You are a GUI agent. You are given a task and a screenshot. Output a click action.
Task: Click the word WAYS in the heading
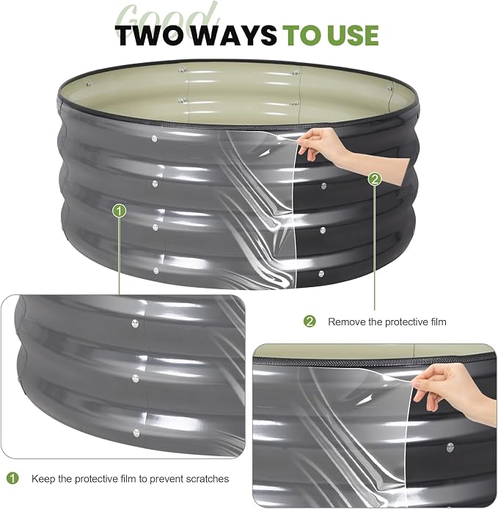click(x=235, y=35)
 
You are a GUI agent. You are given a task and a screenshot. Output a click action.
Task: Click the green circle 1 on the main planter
click(x=120, y=211)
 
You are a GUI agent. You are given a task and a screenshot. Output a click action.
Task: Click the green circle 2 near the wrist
click(x=375, y=179)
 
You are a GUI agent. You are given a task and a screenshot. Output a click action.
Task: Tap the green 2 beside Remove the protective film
click(x=310, y=322)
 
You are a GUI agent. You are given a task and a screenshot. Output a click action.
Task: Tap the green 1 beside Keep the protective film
click(x=12, y=478)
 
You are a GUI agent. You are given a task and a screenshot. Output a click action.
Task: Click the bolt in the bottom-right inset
click(x=450, y=447)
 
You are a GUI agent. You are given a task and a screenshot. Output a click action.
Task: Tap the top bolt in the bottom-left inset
click(x=135, y=323)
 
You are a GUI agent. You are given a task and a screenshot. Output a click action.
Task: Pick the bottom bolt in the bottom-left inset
click(x=136, y=432)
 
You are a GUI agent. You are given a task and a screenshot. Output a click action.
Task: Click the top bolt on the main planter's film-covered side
click(x=155, y=139)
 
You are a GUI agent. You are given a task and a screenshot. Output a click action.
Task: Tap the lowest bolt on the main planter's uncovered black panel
click(x=321, y=274)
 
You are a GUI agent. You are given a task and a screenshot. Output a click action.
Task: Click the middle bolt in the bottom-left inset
click(x=136, y=378)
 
